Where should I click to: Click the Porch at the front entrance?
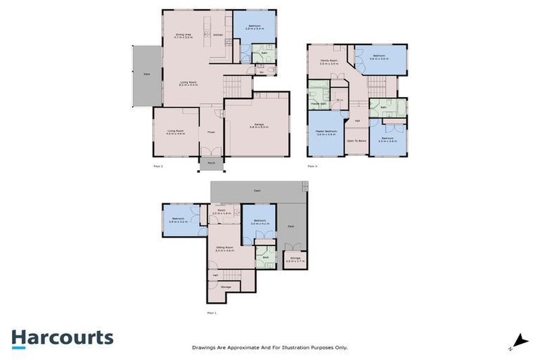click(210, 163)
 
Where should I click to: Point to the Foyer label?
click(210, 131)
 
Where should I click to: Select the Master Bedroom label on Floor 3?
click(326, 132)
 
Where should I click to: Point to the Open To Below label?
click(356, 141)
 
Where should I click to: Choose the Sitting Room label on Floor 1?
click(224, 249)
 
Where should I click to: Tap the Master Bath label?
click(319, 103)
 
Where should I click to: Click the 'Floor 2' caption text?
click(157, 166)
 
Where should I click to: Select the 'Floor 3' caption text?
click(312, 166)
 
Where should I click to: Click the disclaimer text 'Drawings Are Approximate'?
click(270, 347)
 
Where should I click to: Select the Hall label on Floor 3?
click(357, 121)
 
